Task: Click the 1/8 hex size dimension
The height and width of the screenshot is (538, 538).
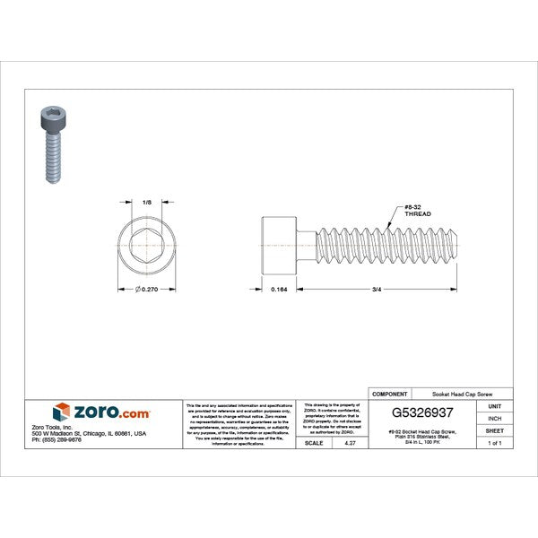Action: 147,203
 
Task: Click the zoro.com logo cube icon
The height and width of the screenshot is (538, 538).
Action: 61,412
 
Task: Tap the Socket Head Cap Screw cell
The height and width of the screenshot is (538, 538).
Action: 462,394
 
